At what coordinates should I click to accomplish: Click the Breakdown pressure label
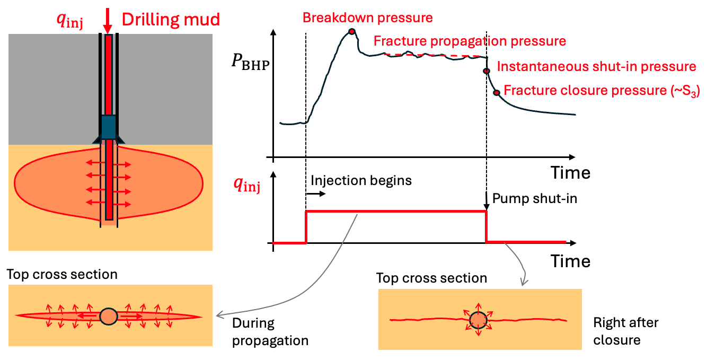point(367,18)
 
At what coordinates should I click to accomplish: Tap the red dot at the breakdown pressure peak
point(351,32)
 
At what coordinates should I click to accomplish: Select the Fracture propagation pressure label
point(470,41)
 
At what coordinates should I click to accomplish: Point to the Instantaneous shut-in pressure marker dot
point(486,71)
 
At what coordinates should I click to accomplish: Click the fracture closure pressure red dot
point(497,93)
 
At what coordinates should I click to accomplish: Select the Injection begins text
point(361,180)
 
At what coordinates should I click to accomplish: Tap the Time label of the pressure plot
point(570,173)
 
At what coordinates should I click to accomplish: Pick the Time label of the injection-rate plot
point(570,261)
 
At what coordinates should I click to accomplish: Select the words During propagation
point(270,331)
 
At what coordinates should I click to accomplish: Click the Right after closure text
point(625,331)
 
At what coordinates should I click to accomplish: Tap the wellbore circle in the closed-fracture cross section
point(478,320)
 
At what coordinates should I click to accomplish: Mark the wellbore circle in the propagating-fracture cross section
point(108,316)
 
